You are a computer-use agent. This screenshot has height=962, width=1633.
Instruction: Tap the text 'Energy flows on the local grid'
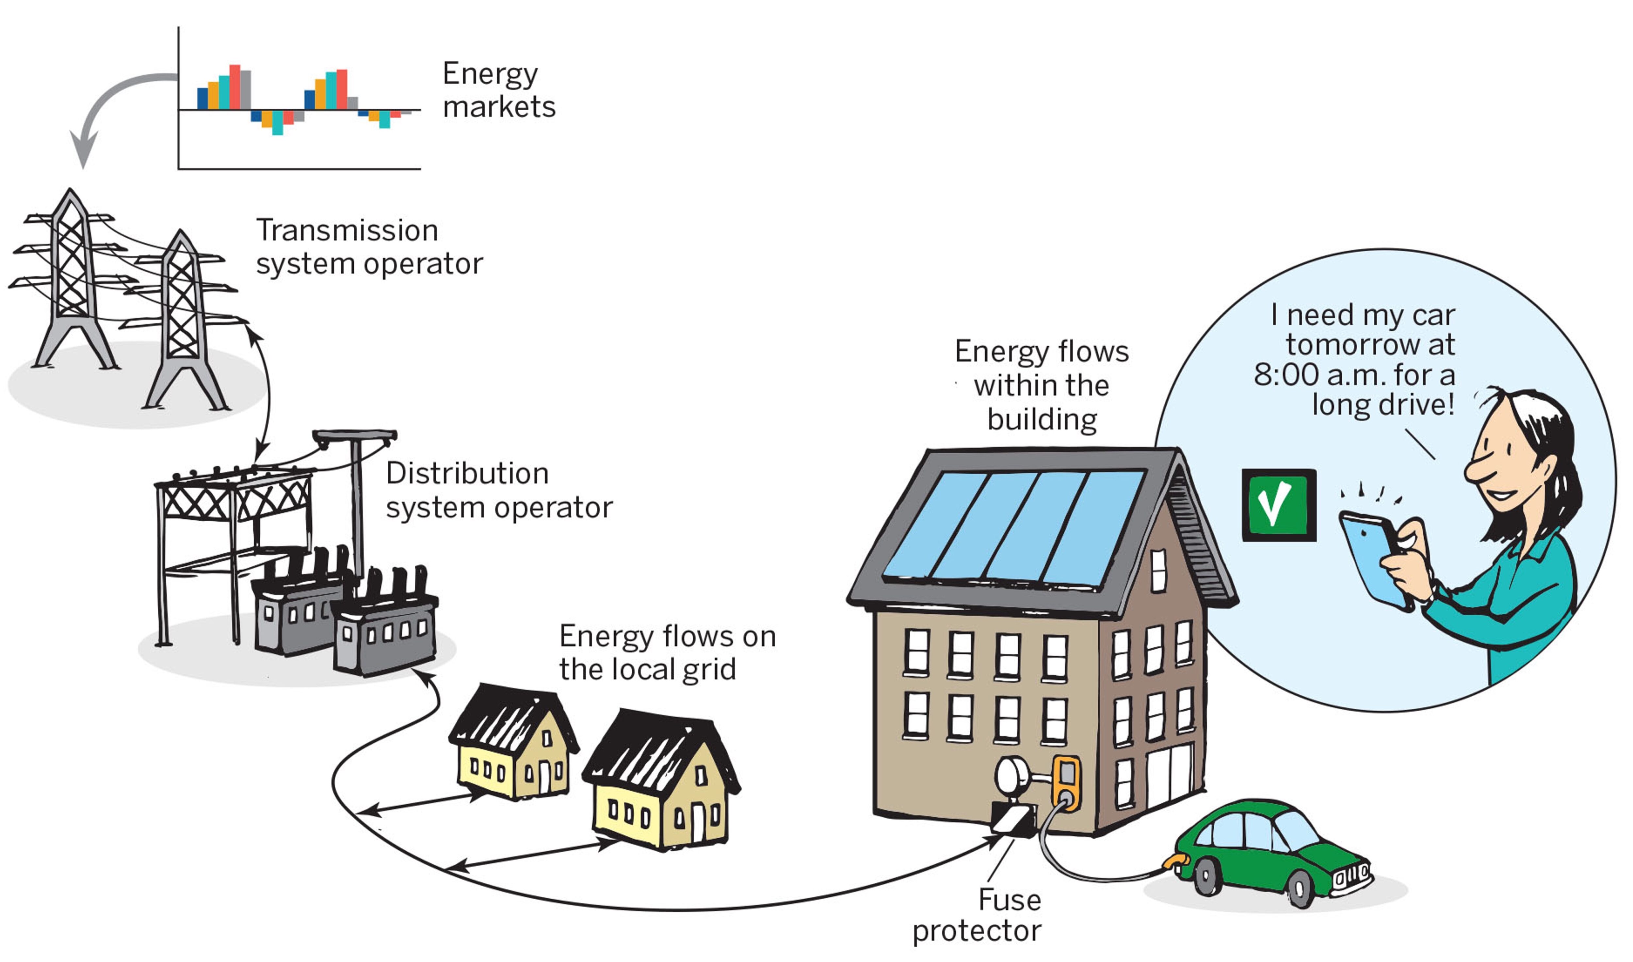coord(667,653)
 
